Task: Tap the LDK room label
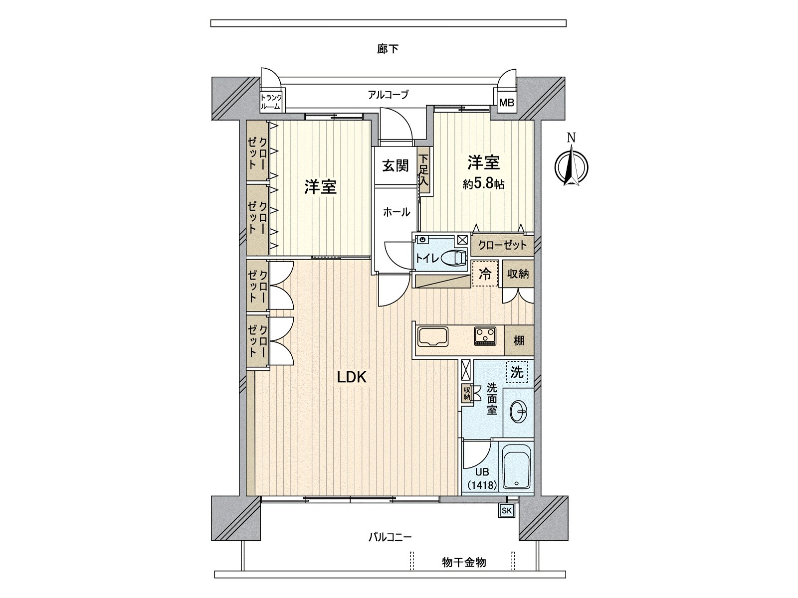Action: pyautogui.click(x=352, y=377)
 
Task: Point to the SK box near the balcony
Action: pyautogui.click(x=507, y=510)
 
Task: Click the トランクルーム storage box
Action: pyautogui.click(x=271, y=102)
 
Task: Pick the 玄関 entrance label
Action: pyautogui.click(x=396, y=166)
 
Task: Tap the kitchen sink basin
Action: pyautogui.click(x=433, y=336)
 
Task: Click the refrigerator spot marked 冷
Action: pyautogui.click(x=485, y=274)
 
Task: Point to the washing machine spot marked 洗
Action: pyautogui.click(x=517, y=372)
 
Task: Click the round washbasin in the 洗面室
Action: pyautogui.click(x=518, y=412)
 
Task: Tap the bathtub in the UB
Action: pyautogui.click(x=517, y=467)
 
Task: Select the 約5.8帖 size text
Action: pyautogui.click(x=483, y=184)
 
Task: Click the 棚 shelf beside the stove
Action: pyautogui.click(x=519, y=341)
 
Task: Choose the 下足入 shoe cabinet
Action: pyautogui.click(x=423, y=170)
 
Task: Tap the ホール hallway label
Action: pyautogui.click(x=397, y=212)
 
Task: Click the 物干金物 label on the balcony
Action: pyautogui.click(x=464, y=563)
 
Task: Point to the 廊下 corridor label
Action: pyautogui.click(x=388, y=49)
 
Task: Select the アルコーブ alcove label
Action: pyautogui.click(x=388, y=94)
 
